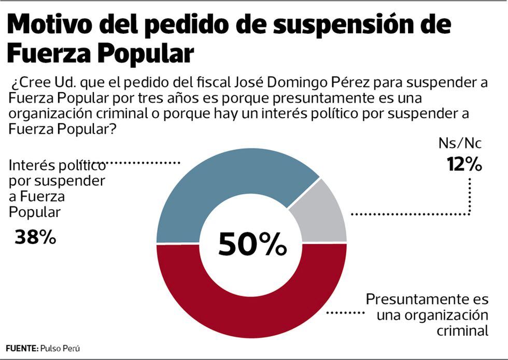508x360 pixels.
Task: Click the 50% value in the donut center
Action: coord(252,244)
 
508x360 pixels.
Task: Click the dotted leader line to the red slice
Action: coord(345,312)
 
